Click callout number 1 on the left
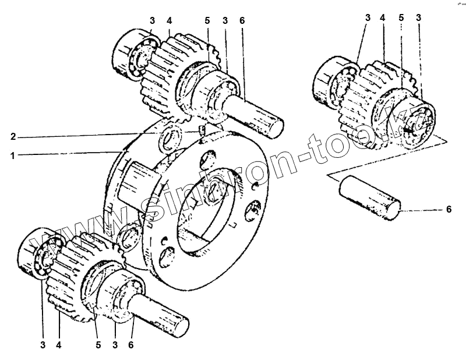pyautogui.click(x=13, y=155)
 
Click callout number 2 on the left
pyautogui.click(x=13, y=137)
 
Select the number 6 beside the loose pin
pyautogui.click(x=449, y=210)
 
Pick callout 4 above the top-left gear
pyautogui.click(x=170, y=20)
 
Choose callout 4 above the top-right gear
pyautogui.click(x=383, y=18)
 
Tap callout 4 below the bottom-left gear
pyautogui.click(x=59, y=344)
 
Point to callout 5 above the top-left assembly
pyautogui.click(x=206, y=20)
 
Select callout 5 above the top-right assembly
pyautogui.click(x=401, y=18)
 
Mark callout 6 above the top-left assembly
pyautogui.click(x=242, y=20)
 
